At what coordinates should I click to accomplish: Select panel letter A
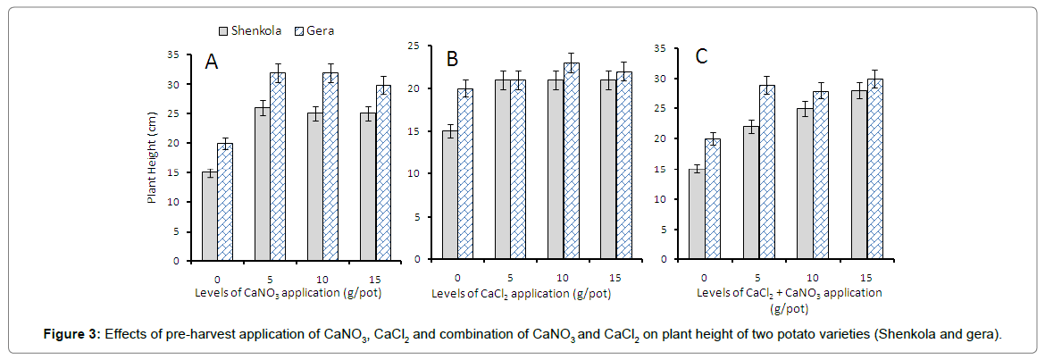click(212, 62)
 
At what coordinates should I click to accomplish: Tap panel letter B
click(452, 59)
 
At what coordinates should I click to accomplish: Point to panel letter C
click(701, 56)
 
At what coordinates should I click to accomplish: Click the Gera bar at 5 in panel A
click(278, 167)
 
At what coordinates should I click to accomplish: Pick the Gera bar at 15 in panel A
click(383, 173)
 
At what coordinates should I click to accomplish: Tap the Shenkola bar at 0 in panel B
click(450, 196)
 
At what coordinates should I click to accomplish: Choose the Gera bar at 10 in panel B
click(572, 162)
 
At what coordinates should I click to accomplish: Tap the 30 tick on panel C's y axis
click(664, 79)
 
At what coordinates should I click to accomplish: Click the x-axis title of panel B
click(522, 293)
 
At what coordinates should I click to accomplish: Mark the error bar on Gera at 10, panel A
click(330, 73)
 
